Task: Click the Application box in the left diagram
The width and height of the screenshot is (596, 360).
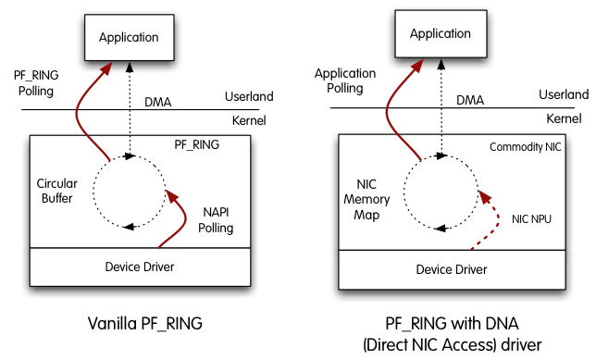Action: (128, 38)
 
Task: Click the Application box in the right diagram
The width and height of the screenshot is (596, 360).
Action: (440, 33)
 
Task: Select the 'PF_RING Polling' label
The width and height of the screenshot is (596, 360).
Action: (33, 84)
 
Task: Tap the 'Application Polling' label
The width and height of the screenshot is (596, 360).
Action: (345, 81)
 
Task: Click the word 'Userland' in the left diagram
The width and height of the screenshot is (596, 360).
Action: (250, 96)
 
